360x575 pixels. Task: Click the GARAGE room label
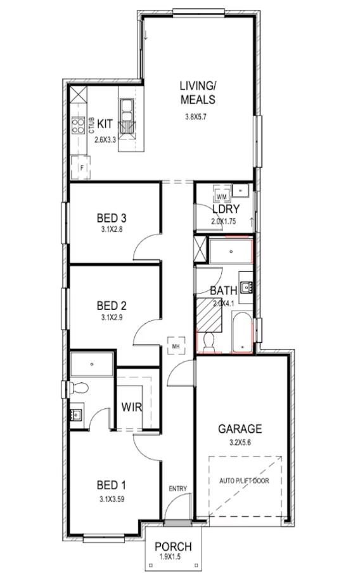240,429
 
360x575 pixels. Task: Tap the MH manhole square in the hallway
176,346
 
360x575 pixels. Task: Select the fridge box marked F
81,167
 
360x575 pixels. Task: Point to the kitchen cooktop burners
78,125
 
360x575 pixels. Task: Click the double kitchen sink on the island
127,110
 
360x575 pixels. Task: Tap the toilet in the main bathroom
209,340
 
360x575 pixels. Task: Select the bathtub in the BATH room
242,332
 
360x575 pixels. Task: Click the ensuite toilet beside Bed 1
79,387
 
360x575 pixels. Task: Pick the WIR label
132,407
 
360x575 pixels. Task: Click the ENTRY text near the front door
178,488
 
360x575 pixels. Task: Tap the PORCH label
173,546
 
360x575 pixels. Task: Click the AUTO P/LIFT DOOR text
244,481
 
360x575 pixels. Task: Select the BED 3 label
112,218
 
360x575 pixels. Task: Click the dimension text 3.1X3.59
112,499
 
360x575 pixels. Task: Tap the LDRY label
226,209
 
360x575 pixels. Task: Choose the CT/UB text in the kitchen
92,125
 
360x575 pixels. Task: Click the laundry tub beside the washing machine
241,191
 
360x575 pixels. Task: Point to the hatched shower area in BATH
209,315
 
